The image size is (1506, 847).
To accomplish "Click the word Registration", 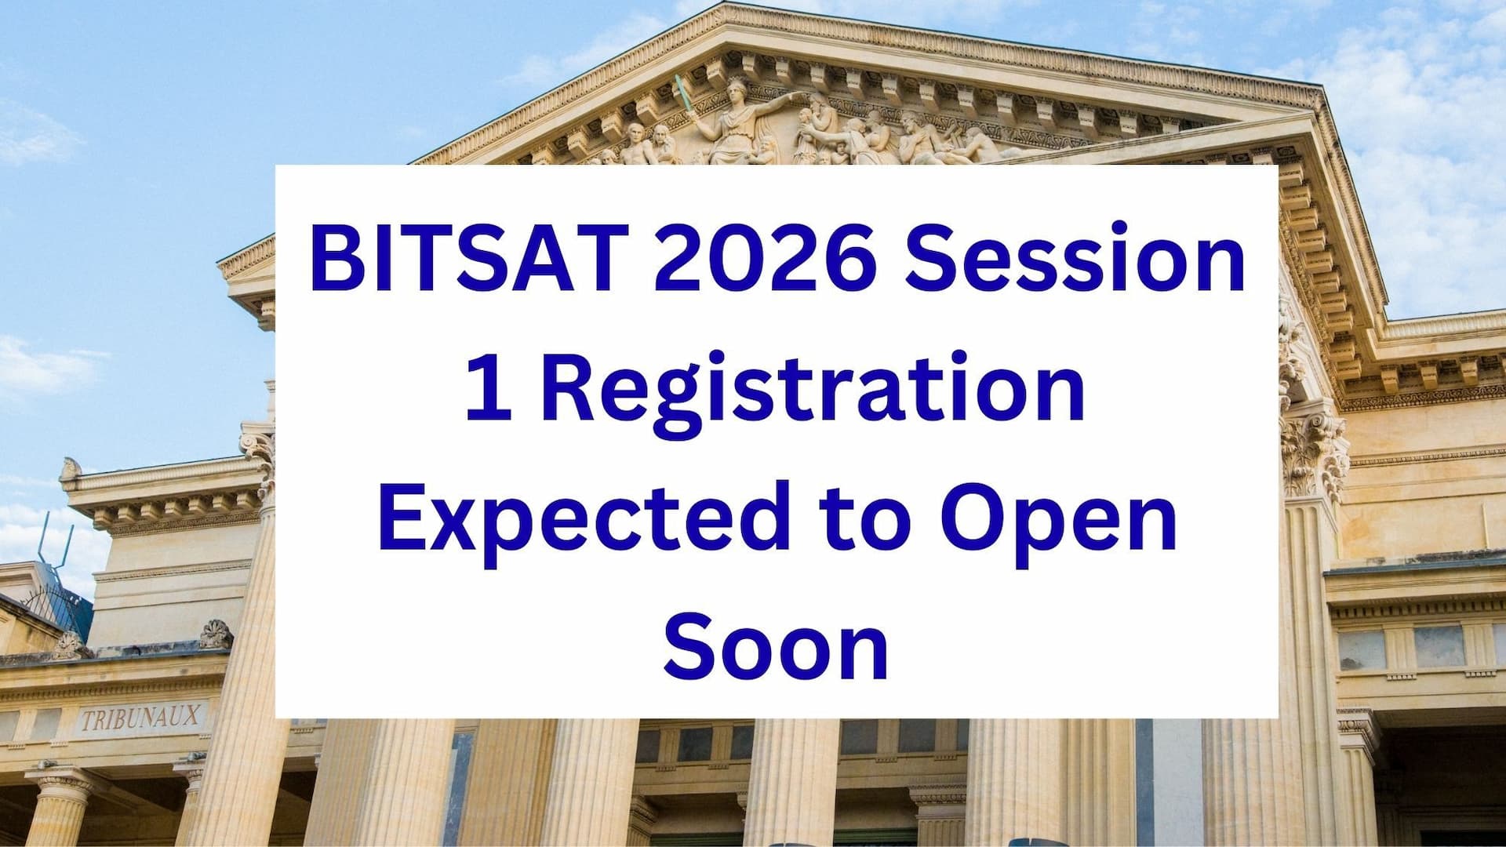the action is click(x=812, y=397).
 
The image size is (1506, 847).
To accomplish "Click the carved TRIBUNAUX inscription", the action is click(x=141, y=718).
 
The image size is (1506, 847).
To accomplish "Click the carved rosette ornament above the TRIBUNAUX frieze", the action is click(x=216, y=634).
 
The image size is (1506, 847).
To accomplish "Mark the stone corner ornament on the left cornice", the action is click(x=71, y=469).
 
